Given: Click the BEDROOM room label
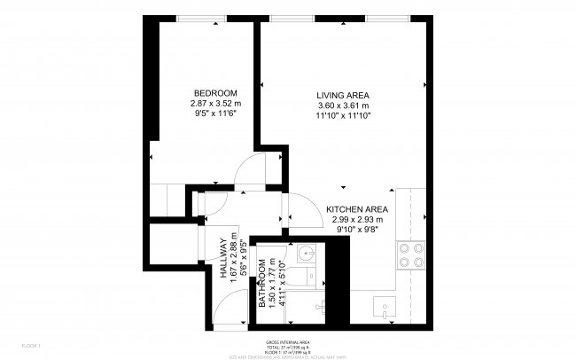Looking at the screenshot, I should [215, 93].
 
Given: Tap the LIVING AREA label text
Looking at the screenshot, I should [343, 96].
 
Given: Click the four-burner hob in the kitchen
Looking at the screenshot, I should [411, 254].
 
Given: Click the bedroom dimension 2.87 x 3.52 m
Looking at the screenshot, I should [215, 104].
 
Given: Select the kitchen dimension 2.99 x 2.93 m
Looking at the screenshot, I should [357, 220].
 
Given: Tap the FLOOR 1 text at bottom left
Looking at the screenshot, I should [31, 345].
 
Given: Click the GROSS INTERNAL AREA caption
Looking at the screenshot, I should [287, 340].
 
